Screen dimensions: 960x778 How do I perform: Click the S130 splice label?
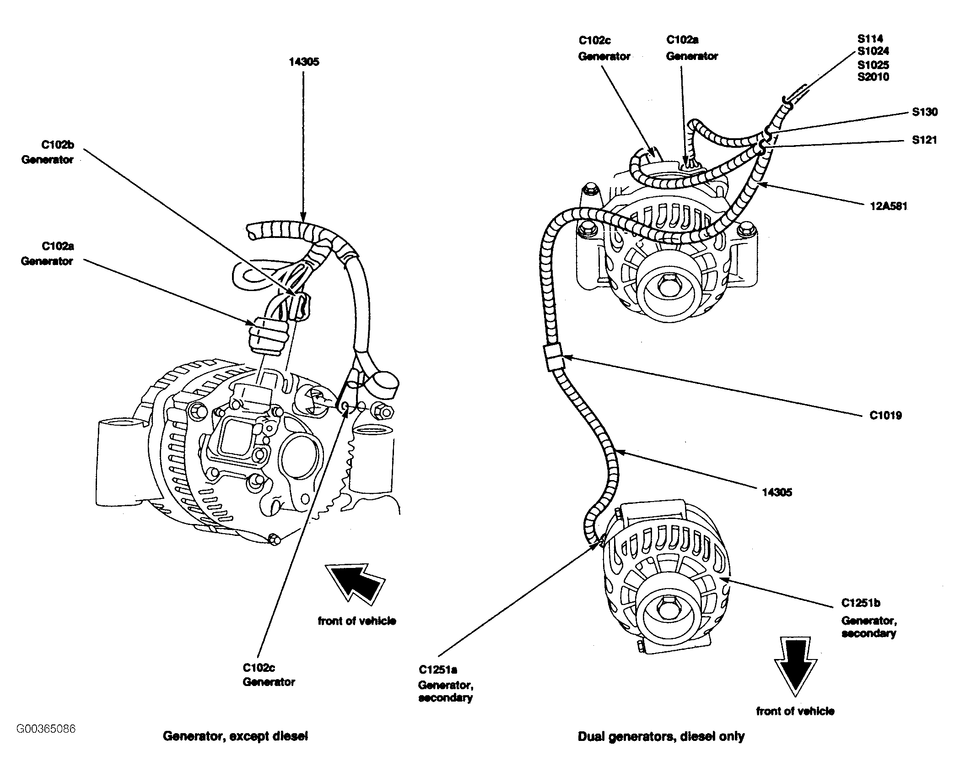924,112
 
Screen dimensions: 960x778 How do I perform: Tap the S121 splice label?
924,140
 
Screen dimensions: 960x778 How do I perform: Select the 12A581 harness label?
888,206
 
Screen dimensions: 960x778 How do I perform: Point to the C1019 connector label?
886,416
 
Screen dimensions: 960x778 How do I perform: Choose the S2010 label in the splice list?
874,77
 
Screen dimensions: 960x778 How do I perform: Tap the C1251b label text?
861,603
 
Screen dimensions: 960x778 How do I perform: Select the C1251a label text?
438,670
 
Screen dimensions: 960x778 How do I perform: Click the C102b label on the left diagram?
58,145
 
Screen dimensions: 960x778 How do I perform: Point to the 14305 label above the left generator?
304,62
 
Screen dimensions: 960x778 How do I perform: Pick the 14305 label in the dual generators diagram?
777,492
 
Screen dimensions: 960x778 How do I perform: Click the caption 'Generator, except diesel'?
235,736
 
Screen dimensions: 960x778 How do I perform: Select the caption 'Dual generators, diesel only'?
661,736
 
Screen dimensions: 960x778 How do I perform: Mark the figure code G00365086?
46,729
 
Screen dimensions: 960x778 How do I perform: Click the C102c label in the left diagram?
259,667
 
